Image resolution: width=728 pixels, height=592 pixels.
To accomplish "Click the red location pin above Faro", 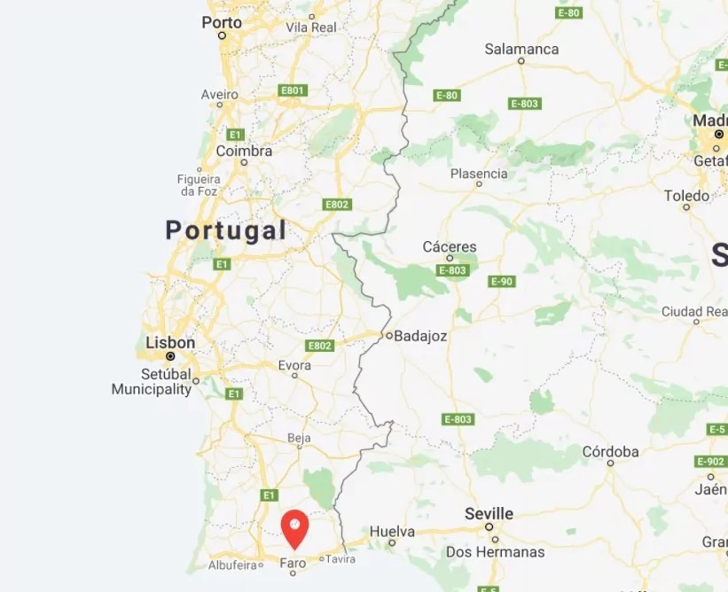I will tap(294, 528).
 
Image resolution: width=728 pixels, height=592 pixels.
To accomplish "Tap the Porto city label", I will tap(222, 22).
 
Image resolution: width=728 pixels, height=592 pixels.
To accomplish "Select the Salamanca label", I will tap(521, 49).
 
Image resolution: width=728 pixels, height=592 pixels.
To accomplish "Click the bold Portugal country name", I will tap(226, 230).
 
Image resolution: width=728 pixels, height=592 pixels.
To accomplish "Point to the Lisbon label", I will tap(170, 342).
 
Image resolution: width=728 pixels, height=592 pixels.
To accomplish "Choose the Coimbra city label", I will tap(244, 151).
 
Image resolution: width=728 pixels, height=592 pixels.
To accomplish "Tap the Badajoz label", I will tap(420, 336).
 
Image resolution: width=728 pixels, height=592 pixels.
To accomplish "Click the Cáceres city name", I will tap(450, 246).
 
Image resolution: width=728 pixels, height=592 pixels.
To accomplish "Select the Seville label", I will tap(489, 513).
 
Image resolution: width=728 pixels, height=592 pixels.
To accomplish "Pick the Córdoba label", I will tap(610, 451).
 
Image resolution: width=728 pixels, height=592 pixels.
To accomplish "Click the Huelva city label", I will tap(392, 531).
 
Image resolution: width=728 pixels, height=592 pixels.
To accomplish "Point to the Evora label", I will tap(294, 364).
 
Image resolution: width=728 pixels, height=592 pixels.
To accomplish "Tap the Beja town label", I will tap(299, 438).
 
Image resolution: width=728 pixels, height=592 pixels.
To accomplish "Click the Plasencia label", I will tap(479, 173).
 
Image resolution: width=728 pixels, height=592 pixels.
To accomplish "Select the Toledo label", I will tap(686, 195).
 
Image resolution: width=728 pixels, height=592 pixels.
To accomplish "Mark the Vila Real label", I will tap(311, 27).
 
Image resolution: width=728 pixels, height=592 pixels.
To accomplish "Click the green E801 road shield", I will tap(293, 90).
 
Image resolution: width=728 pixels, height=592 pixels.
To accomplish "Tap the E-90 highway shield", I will tap(501, 281).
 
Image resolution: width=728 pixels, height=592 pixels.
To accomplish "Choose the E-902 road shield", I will tap(711, 461).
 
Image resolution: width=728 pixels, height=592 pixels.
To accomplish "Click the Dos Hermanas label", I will tap(495, 551).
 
